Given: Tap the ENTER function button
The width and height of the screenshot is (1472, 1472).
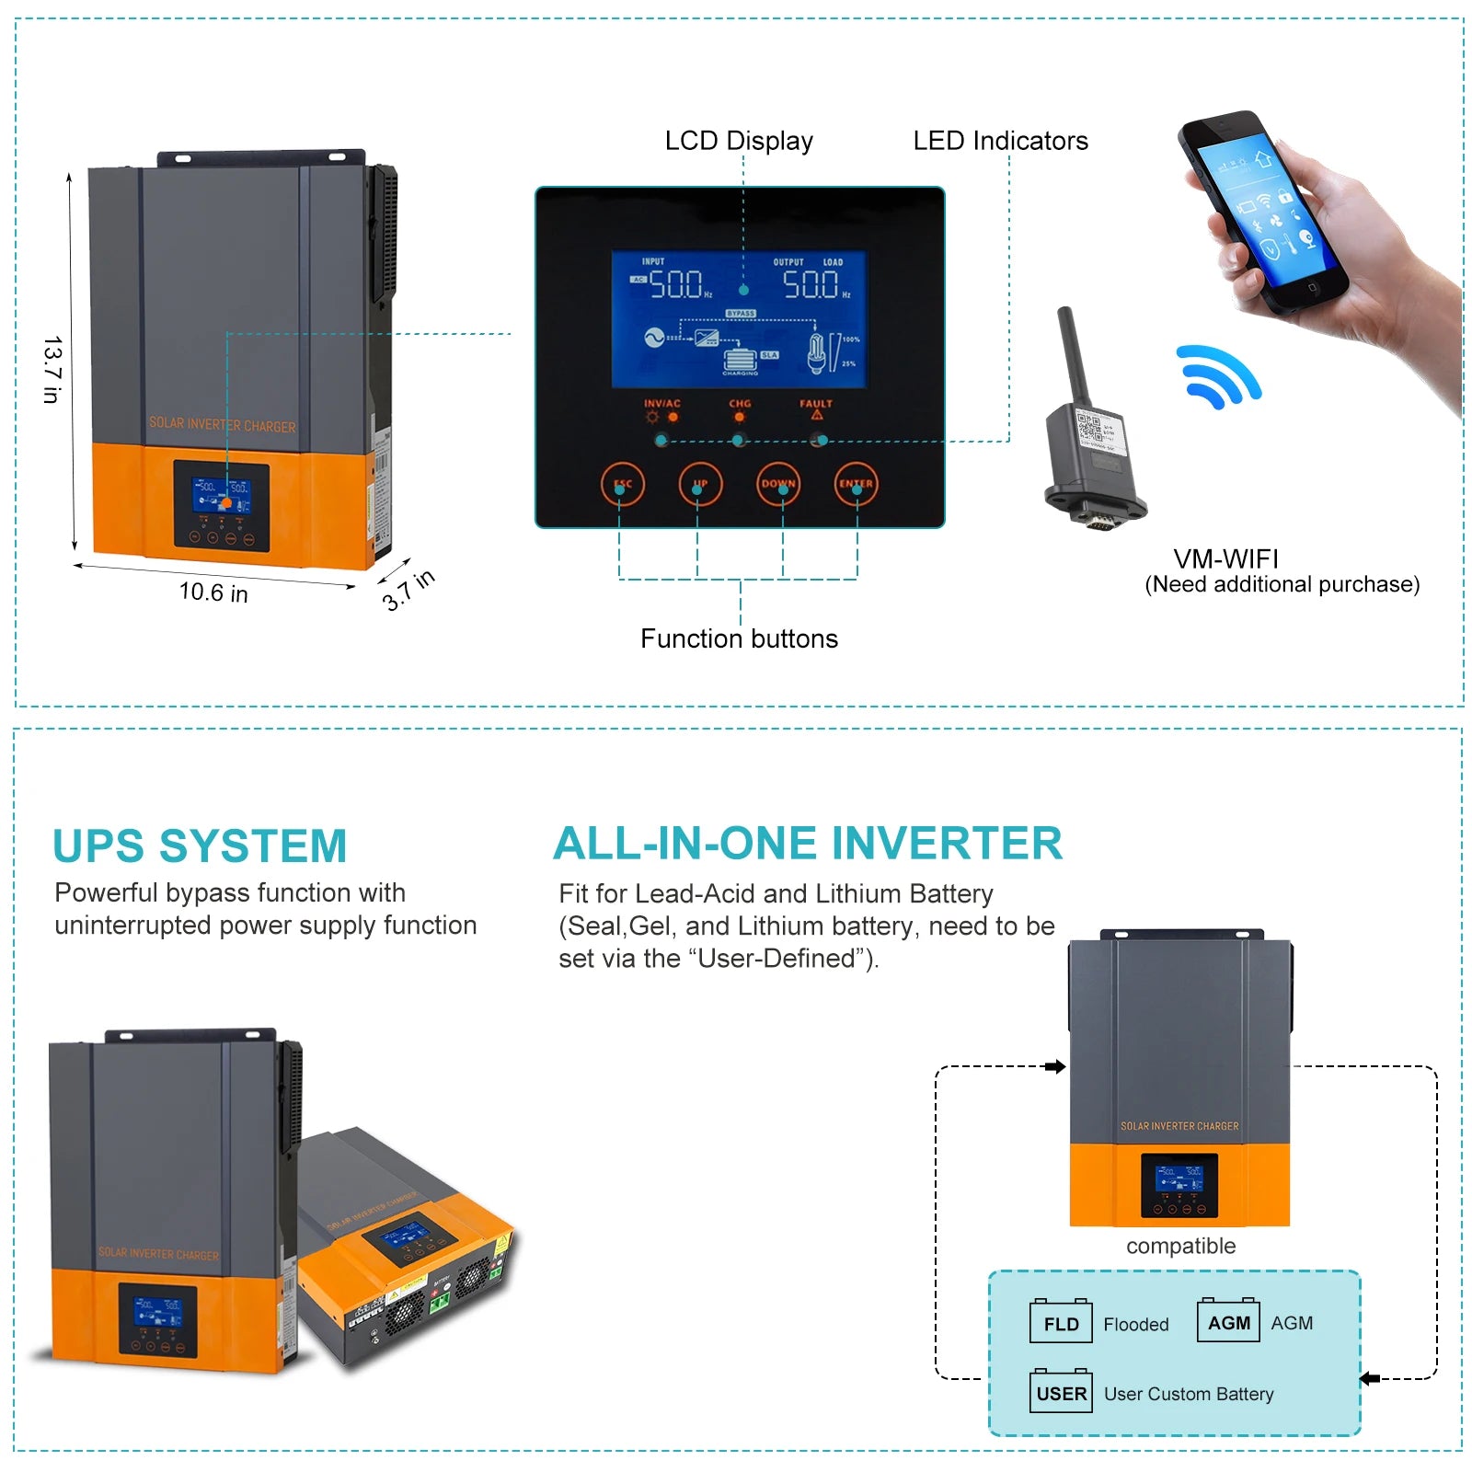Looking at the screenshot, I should (x=856, y=484).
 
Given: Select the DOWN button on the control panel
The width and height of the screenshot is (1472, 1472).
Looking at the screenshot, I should (x=778, y=484).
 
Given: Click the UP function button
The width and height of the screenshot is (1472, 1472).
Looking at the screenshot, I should (x=700, y=484).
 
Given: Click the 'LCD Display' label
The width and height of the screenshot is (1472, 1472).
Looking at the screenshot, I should (x=739, y=141).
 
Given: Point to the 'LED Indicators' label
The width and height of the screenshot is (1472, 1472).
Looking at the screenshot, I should (x=1000, y=141).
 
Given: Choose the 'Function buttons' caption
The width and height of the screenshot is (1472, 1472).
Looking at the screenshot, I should (x=739, y=638).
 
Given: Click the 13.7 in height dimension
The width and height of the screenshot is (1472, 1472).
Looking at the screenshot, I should (x=52, y=369).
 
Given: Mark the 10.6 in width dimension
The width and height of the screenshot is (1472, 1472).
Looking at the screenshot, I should (x=213, y=592).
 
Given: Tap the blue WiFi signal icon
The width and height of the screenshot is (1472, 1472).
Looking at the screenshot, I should (x=1217, y=376).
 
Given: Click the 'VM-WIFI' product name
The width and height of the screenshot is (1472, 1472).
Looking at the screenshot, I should (x=1225, y=558).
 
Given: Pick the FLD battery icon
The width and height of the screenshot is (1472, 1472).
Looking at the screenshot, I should (x=1061, y=1323).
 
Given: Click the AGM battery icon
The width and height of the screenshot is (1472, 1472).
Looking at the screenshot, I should (x=1228, y=1321).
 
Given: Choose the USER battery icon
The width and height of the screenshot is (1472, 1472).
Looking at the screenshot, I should (x=1061, y=1392).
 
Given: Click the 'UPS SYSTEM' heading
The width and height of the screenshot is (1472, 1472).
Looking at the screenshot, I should (x=200, y=846).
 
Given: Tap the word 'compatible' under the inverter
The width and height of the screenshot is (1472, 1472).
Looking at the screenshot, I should (x=1180, y=1246).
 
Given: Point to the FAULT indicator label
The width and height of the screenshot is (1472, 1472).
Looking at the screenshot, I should (x=815, y=404).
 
